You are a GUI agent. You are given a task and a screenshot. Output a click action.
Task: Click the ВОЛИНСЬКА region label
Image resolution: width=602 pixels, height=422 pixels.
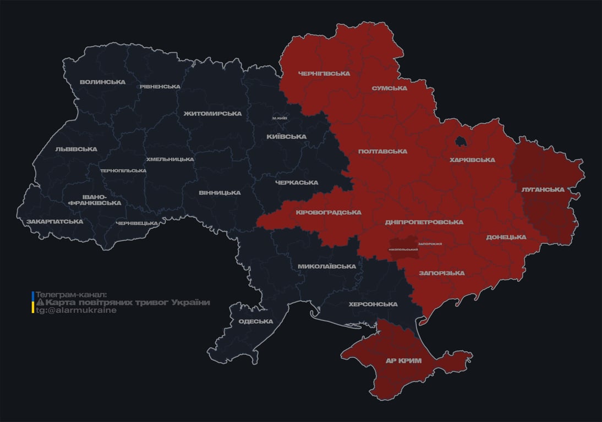102,82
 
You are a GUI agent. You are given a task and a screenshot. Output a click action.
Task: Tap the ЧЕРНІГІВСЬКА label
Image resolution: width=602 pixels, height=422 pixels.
324,74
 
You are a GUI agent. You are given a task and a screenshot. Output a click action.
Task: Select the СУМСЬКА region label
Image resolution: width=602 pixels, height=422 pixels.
389,88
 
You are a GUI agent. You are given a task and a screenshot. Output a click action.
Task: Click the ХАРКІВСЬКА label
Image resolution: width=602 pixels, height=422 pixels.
472,160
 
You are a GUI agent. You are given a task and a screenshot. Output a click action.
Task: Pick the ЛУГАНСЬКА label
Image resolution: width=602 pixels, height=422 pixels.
543,190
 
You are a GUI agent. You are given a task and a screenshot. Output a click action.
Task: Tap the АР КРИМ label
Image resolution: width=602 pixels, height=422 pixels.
403,361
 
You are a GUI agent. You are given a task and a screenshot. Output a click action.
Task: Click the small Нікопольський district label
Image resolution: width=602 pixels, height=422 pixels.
403,250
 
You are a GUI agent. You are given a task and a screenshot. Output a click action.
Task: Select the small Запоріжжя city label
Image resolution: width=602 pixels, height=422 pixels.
430,244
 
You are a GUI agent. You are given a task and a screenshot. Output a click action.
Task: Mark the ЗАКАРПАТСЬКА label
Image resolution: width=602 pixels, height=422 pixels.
54,222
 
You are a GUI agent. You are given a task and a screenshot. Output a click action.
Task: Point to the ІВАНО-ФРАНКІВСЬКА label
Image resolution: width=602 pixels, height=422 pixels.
94,200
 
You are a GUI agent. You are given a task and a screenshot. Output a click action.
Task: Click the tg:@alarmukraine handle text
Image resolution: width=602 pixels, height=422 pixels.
76,310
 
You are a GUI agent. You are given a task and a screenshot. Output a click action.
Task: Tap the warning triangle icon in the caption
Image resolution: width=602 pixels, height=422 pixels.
40,303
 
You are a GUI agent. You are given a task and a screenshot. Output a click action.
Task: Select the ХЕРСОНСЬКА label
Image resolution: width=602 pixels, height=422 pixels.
373,304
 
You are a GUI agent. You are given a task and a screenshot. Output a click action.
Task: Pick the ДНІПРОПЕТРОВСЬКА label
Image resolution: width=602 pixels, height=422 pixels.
424,223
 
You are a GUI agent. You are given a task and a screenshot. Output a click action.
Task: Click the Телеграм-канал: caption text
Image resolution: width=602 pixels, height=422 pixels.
72,295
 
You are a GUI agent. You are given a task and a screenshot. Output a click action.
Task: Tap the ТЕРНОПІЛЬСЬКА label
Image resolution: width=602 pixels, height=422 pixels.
123,171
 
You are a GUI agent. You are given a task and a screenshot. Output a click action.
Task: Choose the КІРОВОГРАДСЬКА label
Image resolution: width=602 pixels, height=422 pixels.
328,213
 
